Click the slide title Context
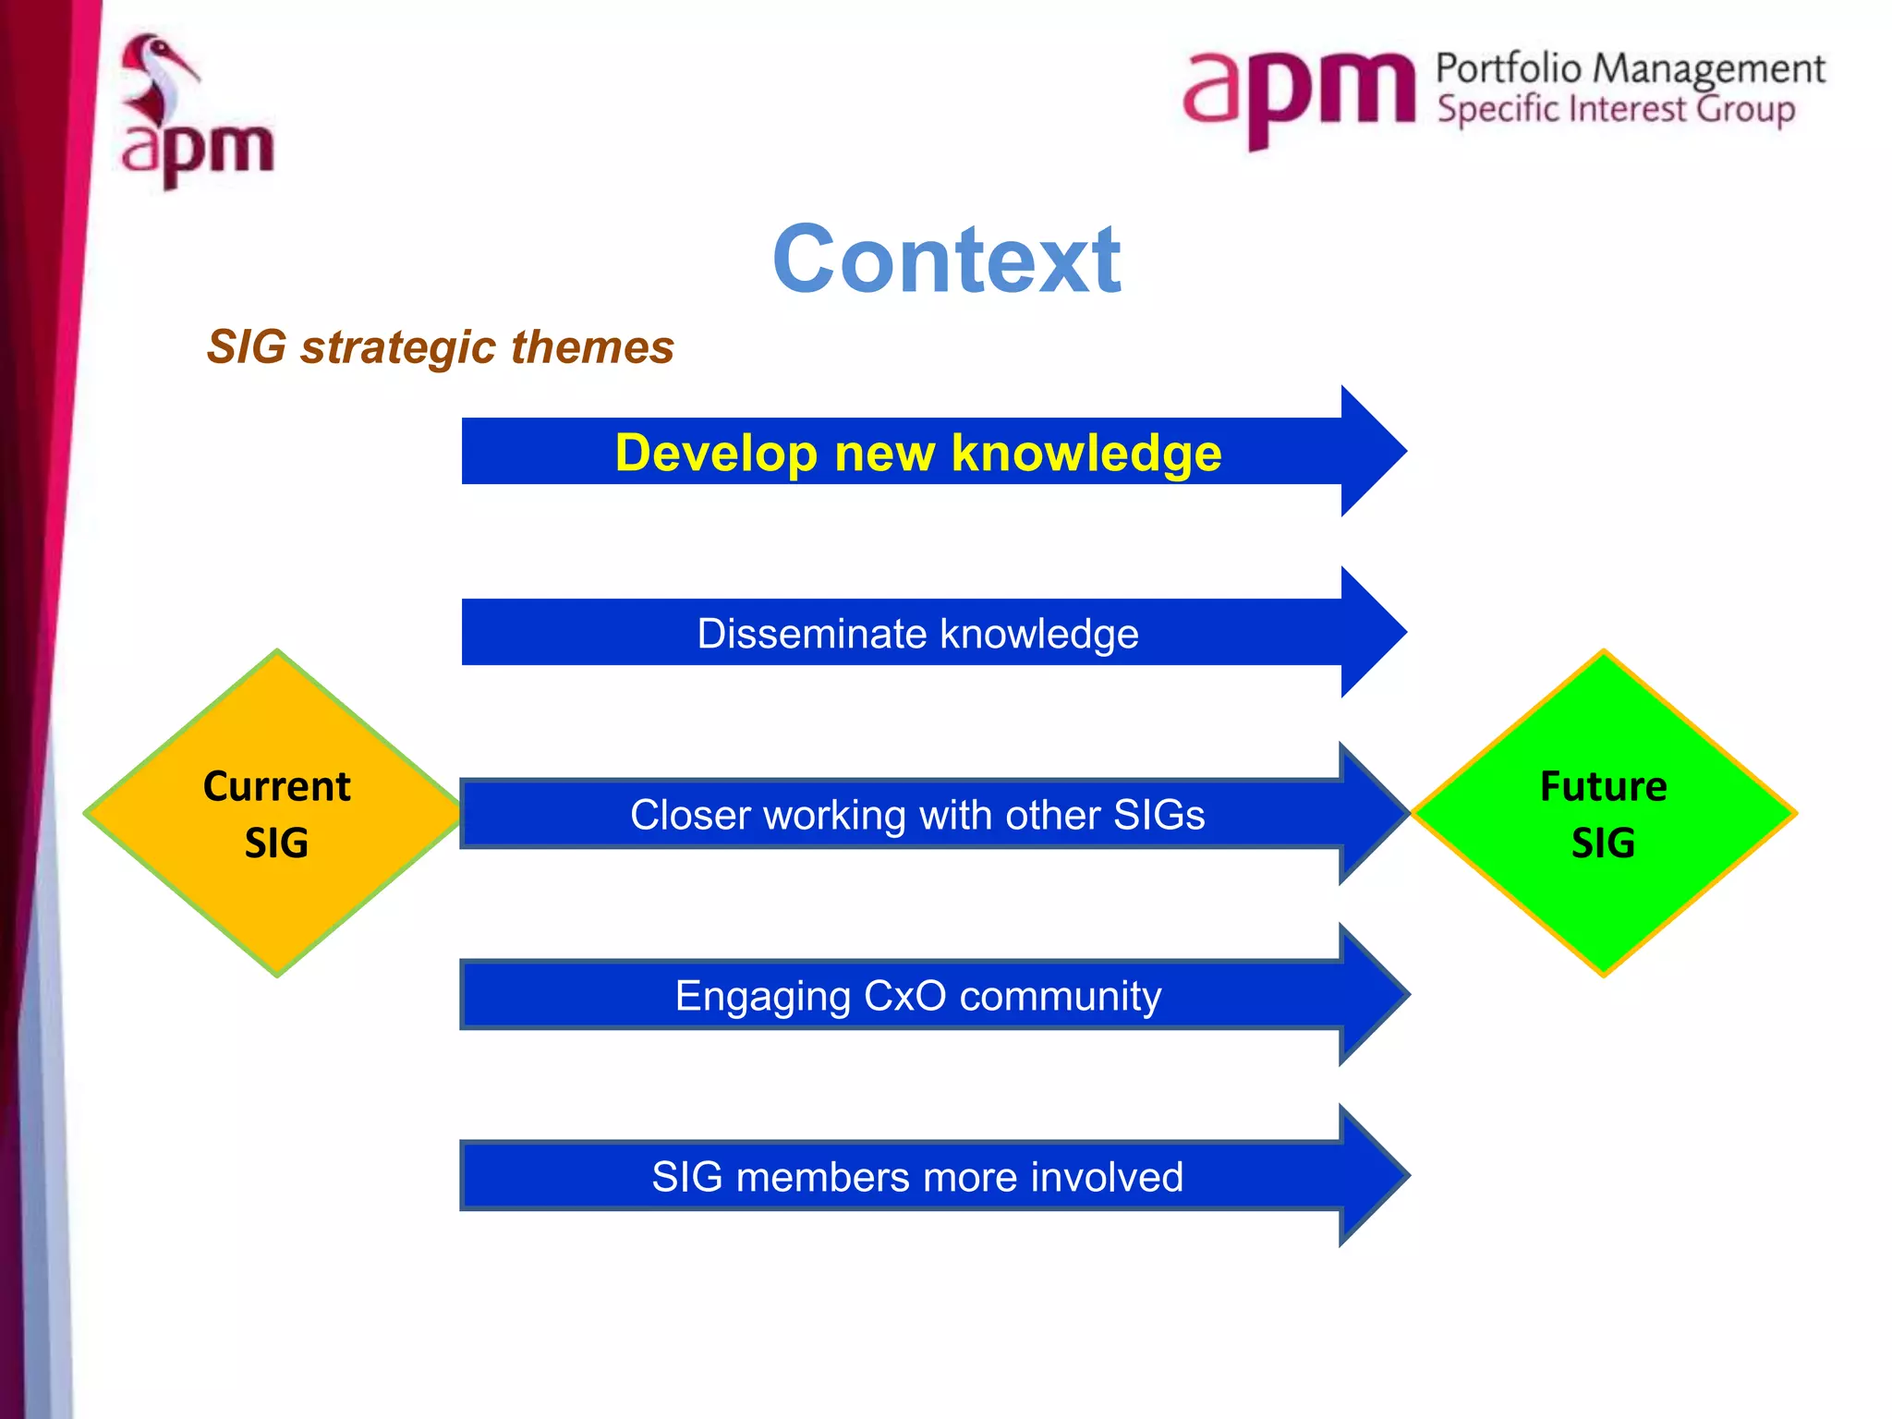click(x=946, y=261)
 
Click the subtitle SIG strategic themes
click(x=440, y=347)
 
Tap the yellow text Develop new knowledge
click(x=917, y=453)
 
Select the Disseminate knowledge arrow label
click(x=917, y=634)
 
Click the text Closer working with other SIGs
click(x=917, y=815)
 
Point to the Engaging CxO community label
click(x=917, y=996)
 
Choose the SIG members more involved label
click(x=917, y=1177)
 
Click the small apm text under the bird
click(x=198, y=151)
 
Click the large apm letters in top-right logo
click(x=1297, y=92)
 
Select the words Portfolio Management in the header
click(x=1630, y=68)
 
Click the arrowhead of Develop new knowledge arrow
click(x=1371, y=451)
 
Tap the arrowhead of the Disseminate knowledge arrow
click(x=1371, y=632)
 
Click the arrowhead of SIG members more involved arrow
click(x=1371, y=1175)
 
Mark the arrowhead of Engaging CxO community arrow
click(x=1371, y=994)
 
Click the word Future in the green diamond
click(x=1603, y=786)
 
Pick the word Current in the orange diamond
click(x=276, y=786)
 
